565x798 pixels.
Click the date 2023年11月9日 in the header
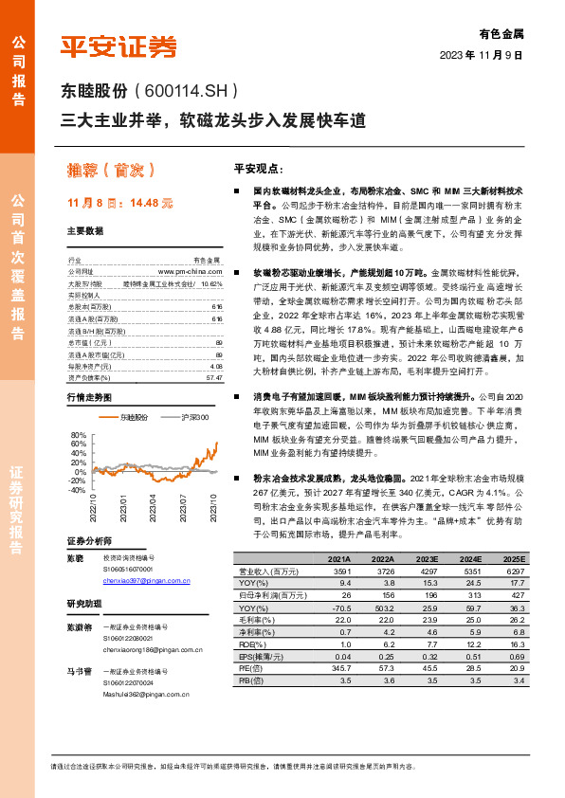(x=482, y=56)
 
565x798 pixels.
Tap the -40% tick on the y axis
(x=78, y=490)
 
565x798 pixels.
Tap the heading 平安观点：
(x=259, y=168)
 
